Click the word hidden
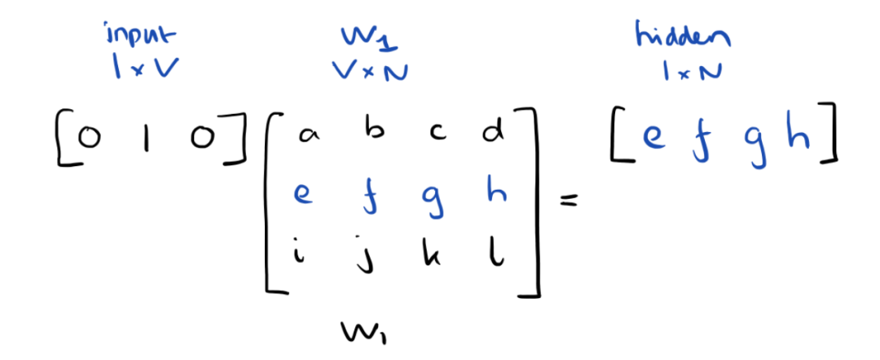pyautogui.click(x=682, y=37)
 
